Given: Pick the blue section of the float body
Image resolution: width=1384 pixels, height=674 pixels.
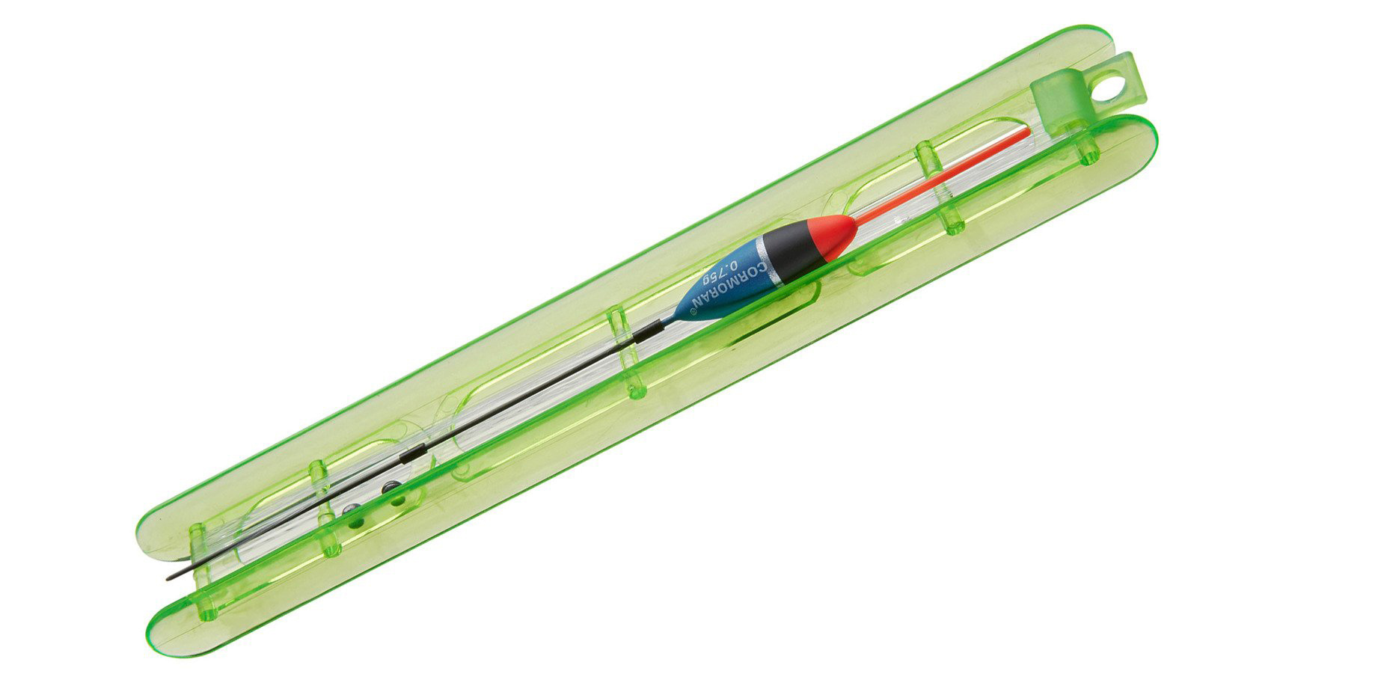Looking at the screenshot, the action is pos(718,289).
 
